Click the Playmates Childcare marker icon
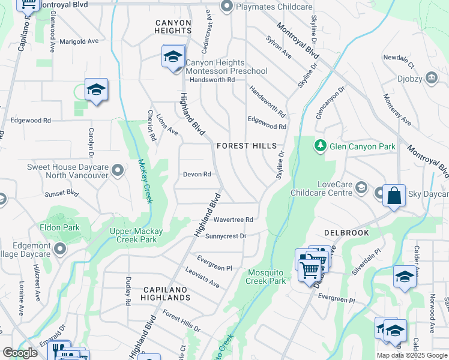point(226,7)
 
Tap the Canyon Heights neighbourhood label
point(173,26)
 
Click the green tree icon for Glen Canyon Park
point(321,146)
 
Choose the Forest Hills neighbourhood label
point(247,146)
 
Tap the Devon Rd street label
point(197,175)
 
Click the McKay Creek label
point(145,181)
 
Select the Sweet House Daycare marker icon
point(118,171)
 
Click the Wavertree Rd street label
point(233,220)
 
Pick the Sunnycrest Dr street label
point(226,236)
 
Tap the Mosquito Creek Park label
point(267,277)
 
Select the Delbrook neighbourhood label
point(345,232)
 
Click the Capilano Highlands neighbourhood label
point(166,293)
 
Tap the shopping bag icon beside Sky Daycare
point(393,196)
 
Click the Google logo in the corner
point(20,353)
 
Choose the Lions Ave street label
point(167,122)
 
